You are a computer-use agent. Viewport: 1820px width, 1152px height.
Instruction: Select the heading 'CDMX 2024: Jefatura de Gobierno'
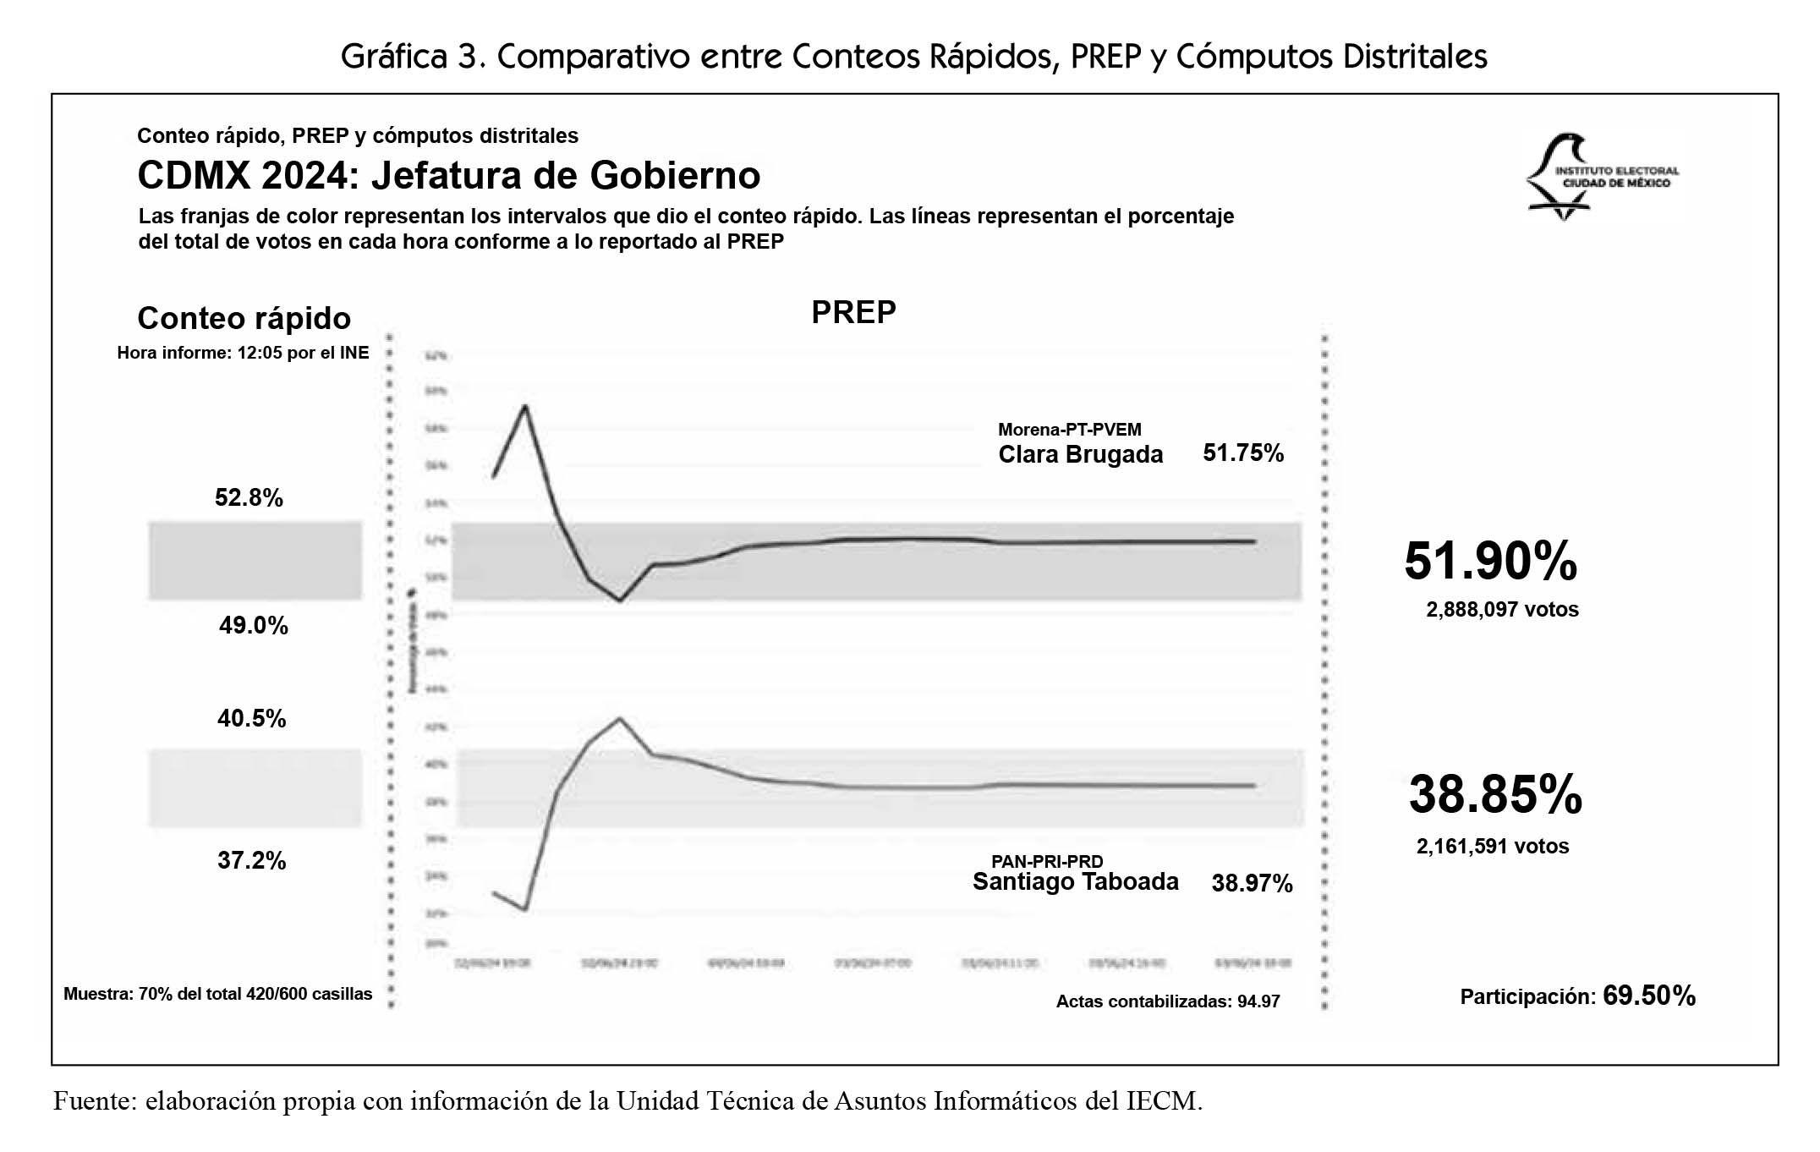448,176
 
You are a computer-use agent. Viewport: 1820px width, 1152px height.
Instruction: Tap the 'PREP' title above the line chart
852,313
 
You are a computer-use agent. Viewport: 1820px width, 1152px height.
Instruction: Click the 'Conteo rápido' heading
244,319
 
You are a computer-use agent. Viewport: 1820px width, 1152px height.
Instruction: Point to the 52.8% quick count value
249,497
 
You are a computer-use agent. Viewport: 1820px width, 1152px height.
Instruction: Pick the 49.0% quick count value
253,626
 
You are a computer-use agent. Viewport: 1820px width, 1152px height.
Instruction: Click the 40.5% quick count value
251,719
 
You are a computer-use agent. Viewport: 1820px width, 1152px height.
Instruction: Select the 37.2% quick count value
251,861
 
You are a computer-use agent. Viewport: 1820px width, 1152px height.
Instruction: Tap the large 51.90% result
1490,561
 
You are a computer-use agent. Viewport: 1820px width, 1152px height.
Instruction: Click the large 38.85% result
1494,795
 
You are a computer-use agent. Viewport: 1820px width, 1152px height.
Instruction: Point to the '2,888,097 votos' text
1502,610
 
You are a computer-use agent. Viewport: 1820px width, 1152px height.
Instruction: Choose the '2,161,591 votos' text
1492,847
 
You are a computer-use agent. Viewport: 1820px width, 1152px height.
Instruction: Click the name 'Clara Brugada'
1080,455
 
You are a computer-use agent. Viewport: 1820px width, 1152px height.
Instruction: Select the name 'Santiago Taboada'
1075,882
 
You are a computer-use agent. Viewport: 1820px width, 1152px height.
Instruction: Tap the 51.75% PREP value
1243,453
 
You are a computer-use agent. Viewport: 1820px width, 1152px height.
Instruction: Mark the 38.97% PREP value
1252,884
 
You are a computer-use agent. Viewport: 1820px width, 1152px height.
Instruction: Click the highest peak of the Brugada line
525,406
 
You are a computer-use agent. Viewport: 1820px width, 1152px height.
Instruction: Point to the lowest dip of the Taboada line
525,910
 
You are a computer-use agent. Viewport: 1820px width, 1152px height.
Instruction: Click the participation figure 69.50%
1648,996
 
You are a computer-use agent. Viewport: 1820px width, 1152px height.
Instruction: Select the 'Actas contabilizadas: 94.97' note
1167,1002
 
